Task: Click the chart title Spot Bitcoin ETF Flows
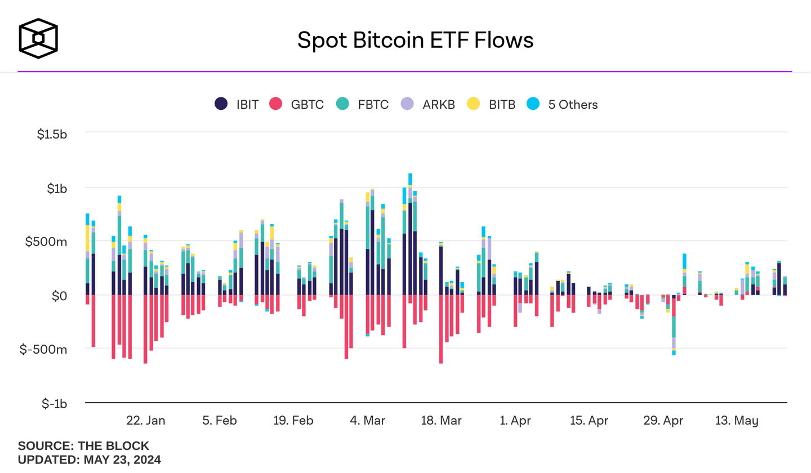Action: pyautogui.click(x=415, y=40)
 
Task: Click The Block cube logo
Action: pyautogui.click(x=38, y=38)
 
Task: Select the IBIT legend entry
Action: pyautogui.click(x=237, y=104)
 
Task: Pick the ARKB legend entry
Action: pyautogui.click(x=427, y=104)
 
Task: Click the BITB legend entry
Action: pyautogui.click(x=492, y=104)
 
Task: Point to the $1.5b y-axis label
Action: pyautogui.click(x=51, y=135)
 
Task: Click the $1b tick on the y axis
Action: pyautogui.click(x=56, y=189)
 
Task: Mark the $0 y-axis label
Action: pyautogui.click(x=59, y=296)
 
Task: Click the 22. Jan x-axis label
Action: pyautogui.click(x=145, y=421)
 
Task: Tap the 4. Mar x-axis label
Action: pyautogui.click(x=368, y=421)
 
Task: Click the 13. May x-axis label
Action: pyautogui.click(x=737, y=421)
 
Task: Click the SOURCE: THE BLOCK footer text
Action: pyautogui.click(x=83, y=446)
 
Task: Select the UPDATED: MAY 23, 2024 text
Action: pyautogui.click(x=90, y=459)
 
